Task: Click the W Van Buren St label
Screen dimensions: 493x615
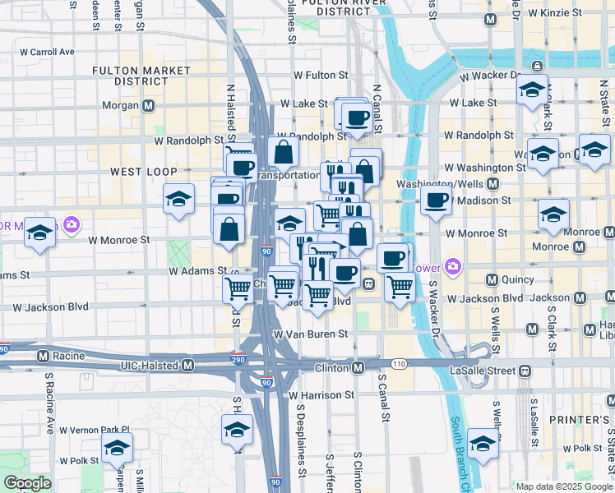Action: [312, 334]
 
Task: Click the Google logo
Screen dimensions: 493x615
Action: [27, 483]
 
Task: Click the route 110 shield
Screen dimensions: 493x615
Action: [399, 362]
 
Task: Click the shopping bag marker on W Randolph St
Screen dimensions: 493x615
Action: [283, 151]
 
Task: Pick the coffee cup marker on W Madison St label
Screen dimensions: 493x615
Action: [437, 200]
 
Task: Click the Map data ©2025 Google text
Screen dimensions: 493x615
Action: [564, 486]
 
